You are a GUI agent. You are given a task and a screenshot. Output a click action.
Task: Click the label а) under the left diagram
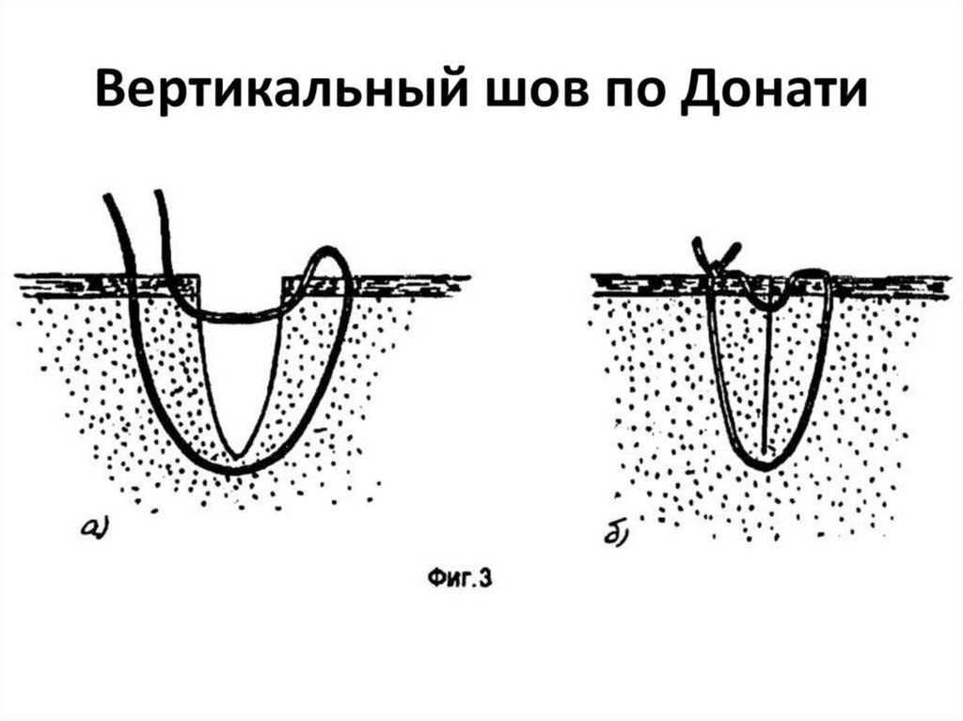97,529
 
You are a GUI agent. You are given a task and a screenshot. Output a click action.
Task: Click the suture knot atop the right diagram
717,255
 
